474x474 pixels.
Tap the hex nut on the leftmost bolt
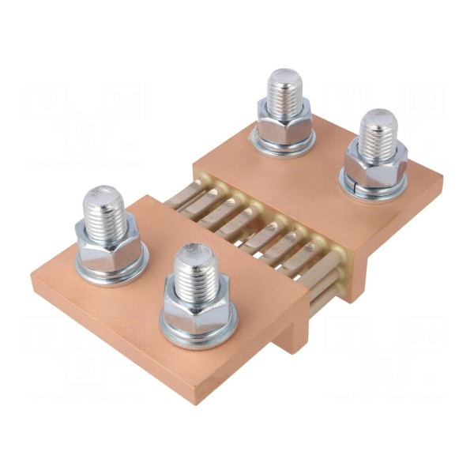point(107,241)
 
